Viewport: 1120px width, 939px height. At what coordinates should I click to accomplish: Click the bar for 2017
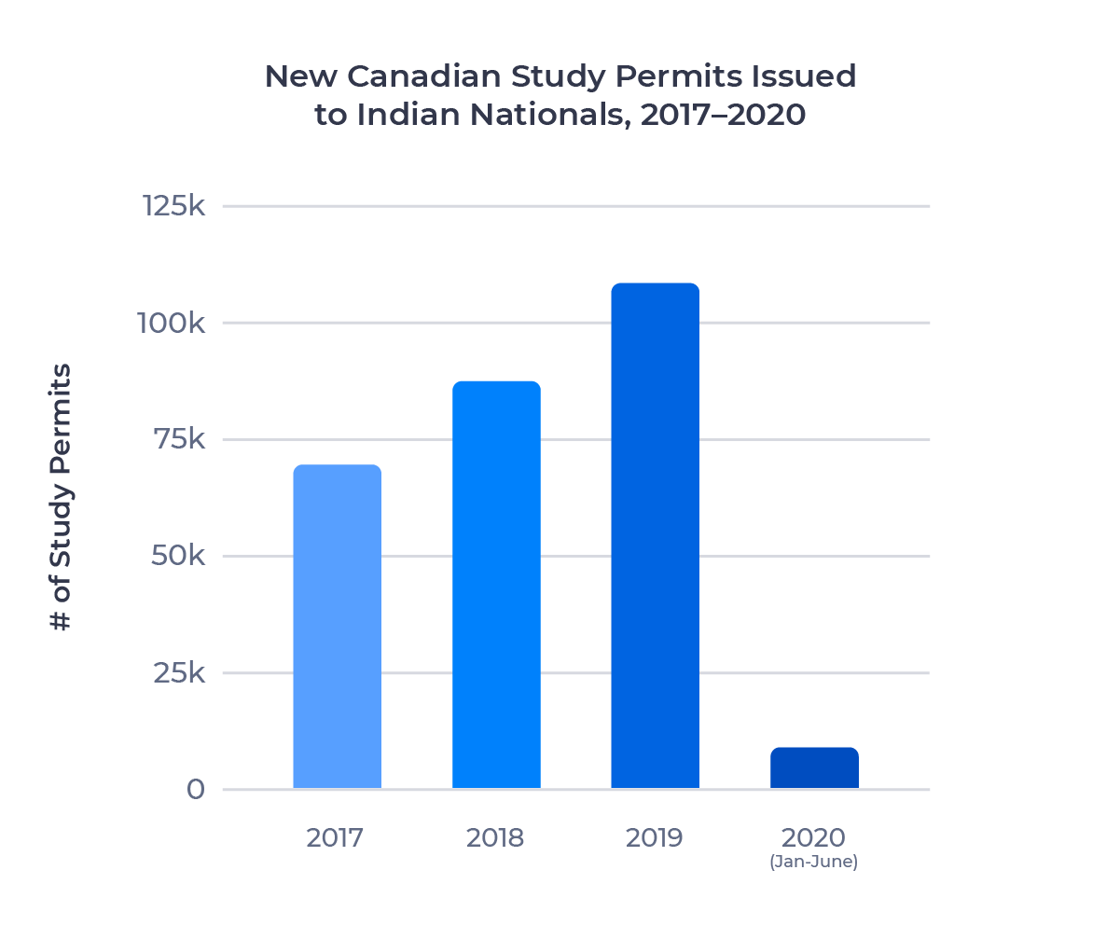pyautogui.click(x=337, y=626)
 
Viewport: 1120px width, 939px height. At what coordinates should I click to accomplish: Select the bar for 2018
pyautogui.click(x=496, y=585)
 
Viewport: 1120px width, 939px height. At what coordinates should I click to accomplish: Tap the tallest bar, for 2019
pyautogui.click(x=655, y=535)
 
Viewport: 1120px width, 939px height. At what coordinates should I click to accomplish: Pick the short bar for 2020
pyautogui.click(x=814, y=768)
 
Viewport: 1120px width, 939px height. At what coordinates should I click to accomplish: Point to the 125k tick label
pyautogui.click(x=173, y=206)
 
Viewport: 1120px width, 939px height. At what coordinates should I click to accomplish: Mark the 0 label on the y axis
pyautogui.click(x=195, y=790)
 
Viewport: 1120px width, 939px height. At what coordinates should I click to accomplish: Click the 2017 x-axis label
pyautogui.click(x=335, y=837)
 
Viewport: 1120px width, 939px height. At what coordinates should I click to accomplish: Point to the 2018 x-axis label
pyautogui.click(x=495, y=837)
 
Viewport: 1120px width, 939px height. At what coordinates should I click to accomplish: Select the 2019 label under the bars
pyautogui.click(x=655, y=837)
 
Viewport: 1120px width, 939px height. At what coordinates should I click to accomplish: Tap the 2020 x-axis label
pyautogui.click(x=814, y=836)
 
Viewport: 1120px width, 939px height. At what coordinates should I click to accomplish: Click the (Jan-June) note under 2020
pyautogui.click(x=814, y=863)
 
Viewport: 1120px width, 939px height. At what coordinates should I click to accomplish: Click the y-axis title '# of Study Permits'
pyautogui.click(x=61, y=498)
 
